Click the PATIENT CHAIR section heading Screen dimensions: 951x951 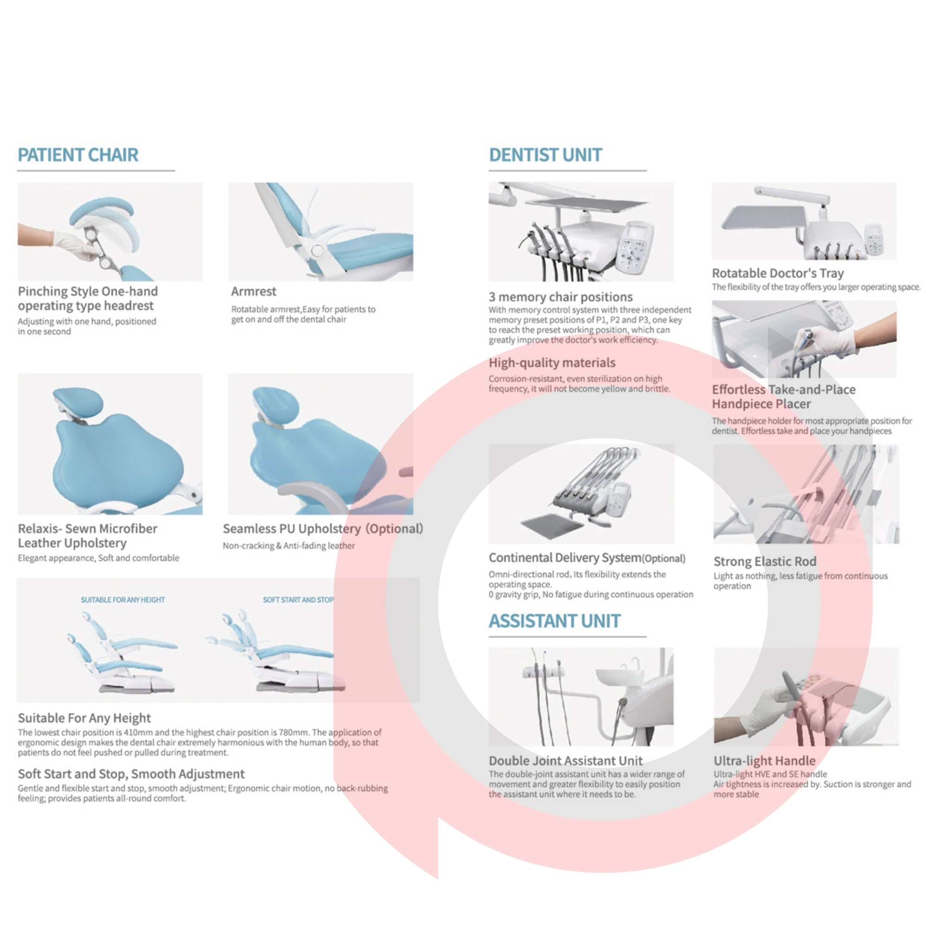[x=78, y=155]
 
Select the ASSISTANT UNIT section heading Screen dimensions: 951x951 [x=554, y=621]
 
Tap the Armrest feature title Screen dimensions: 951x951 [x=254, y=292]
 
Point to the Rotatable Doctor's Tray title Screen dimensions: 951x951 [x=778, y=273]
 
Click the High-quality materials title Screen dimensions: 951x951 [x=552, y=363]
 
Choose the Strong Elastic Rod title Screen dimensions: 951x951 [x=765, y=562]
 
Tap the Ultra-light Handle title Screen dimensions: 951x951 [x=764, y=761]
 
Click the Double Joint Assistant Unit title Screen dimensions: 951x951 [x=566, y=761]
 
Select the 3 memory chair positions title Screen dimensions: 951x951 [x=560, y=297]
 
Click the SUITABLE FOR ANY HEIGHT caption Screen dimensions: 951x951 [x=123, y=599]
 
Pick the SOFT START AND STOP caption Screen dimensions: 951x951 [x=298, y=599]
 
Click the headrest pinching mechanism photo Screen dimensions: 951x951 [x=110, y=232]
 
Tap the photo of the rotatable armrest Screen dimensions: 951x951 [x=320, y=232]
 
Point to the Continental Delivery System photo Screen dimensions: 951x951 [x=581, y=494]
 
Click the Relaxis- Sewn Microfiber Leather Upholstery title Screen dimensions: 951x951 [x=88, y=535]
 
